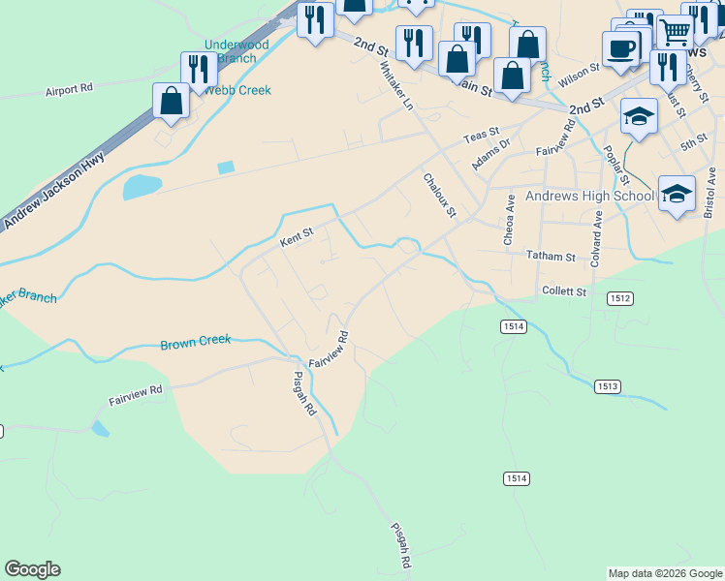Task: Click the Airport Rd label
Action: point(69,88)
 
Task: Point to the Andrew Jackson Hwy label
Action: point(52,195)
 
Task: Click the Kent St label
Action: point(297,235)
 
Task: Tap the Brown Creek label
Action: point(196,342)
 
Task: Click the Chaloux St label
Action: point(438,196)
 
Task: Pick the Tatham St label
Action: point(551,257)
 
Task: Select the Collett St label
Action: point(564,290)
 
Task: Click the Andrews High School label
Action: point(589,197)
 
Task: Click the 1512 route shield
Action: point(621,299)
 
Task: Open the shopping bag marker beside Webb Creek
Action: point(172,101)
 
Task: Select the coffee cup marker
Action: point(620,48)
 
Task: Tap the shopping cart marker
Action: point(675,31)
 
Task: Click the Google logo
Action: point(32,569)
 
